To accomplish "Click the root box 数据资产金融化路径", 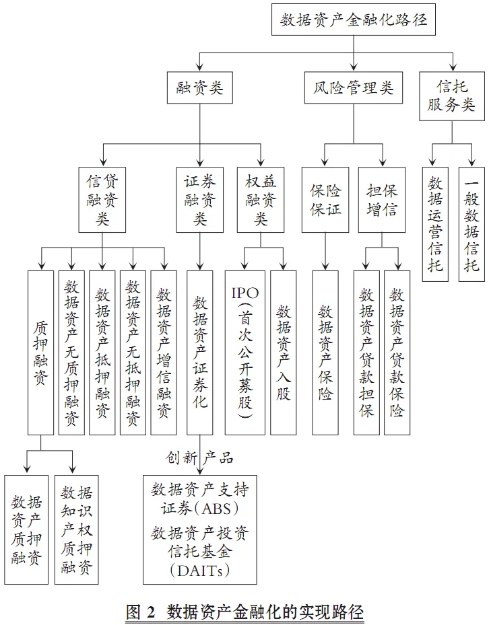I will (354, 19).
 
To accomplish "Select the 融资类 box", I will (195, 87).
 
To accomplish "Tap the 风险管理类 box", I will (354, 87).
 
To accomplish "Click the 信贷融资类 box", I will (103, 200).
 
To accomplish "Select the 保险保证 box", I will (325, 200).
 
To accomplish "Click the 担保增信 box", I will (381, 200).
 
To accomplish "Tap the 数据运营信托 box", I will (436, 224).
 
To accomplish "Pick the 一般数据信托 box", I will (471, 224).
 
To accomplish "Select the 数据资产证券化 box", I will (200, 352).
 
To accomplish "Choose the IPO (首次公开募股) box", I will (241, 352).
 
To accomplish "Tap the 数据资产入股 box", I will (283, 352).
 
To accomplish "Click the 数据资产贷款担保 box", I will (366, 352).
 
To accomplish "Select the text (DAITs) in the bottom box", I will (199, 571).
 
